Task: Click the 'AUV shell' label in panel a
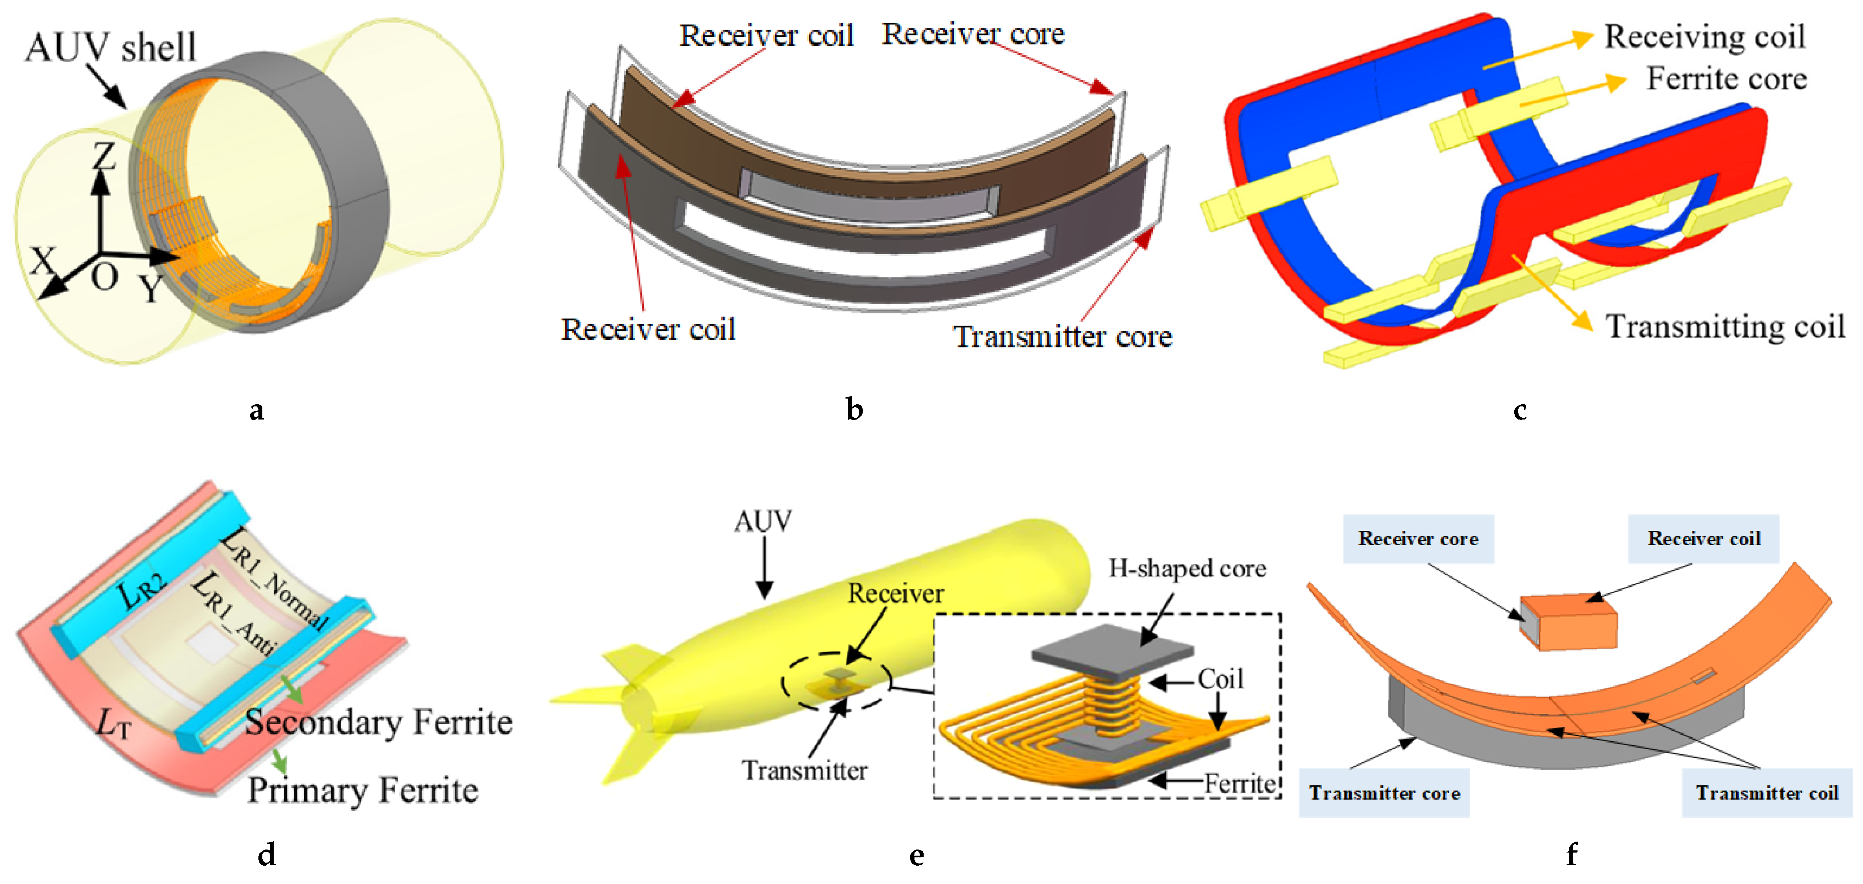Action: [x=110, y=47]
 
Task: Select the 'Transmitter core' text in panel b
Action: [x=1062, y=337]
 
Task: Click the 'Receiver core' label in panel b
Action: [x=973, y=34]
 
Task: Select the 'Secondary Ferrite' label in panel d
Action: [x=378, y=722]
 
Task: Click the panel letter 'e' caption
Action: [x=916, y=856]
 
